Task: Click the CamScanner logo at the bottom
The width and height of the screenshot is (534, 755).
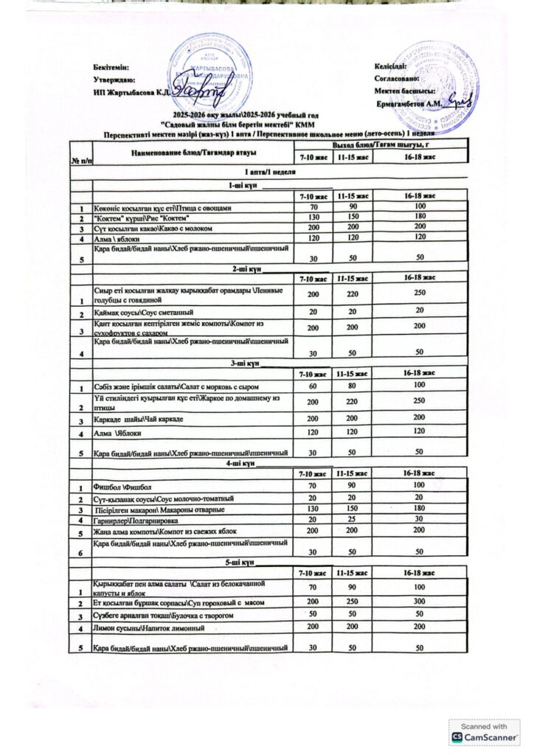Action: point(484,732)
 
